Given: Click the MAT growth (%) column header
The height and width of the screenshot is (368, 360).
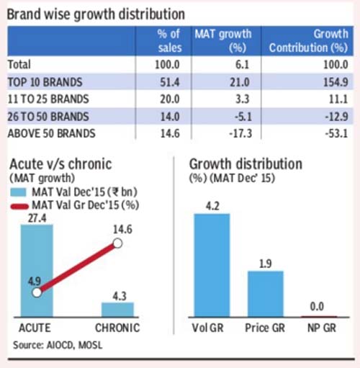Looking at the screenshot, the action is tap(223, 41).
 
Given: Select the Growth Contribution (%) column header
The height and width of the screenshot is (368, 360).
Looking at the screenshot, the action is tap(308, 41).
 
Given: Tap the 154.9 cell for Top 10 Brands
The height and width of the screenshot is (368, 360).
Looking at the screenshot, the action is tap(336, 82).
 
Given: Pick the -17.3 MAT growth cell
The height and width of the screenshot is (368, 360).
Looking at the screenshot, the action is tap(240, 133).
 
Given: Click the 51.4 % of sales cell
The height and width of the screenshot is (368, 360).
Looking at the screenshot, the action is tap(170, 82).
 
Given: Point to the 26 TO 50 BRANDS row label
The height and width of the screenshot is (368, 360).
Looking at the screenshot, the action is tap(48, 117).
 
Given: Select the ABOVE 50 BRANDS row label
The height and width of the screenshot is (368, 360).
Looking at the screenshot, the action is tap(52, 133).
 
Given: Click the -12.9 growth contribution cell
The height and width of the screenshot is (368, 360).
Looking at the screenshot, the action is tap(336, 117).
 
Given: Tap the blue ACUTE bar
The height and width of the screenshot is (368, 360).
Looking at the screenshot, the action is tap(37, 271).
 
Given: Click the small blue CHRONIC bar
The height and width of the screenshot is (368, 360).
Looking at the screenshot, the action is tap(117, 310).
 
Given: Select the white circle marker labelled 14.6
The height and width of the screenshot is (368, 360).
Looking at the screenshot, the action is tap(117, 243).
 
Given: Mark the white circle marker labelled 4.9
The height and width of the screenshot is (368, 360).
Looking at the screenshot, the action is tap(37, 292).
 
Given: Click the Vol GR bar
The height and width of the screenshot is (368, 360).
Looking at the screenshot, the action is tap(212, 265).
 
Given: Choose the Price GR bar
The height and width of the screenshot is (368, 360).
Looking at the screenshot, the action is tap(266, 294).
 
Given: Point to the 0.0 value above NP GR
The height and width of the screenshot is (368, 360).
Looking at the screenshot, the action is tap(317, 307).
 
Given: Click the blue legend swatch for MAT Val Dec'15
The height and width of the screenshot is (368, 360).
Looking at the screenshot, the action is tap(19, 192).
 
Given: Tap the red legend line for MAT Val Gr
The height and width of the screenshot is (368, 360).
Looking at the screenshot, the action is tap(19, 206).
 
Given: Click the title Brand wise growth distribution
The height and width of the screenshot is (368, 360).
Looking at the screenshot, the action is tap(96, 14).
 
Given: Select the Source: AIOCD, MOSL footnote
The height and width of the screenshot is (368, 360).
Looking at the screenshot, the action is tap(58, 345).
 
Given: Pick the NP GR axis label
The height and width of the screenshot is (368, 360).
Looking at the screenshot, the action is tap(322, 328).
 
